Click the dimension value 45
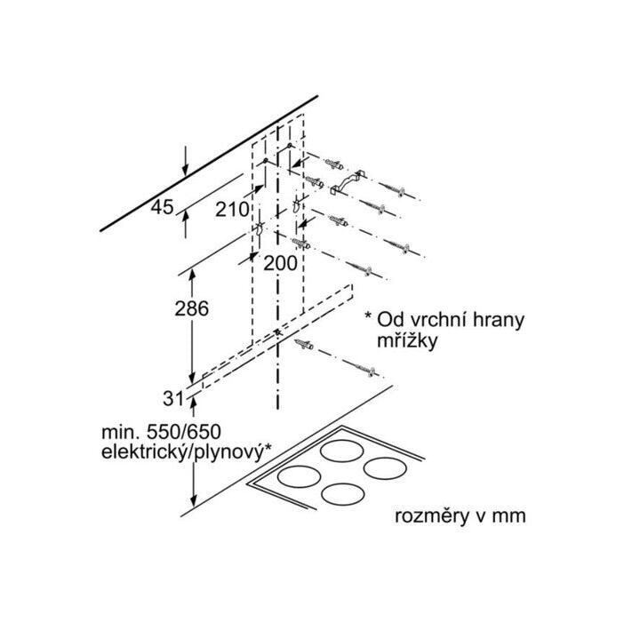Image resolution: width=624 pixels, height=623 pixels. click(162, 208)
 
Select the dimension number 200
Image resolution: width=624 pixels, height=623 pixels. click(282, 263)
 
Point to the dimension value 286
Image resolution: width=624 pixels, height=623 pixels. click(190, 309)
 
